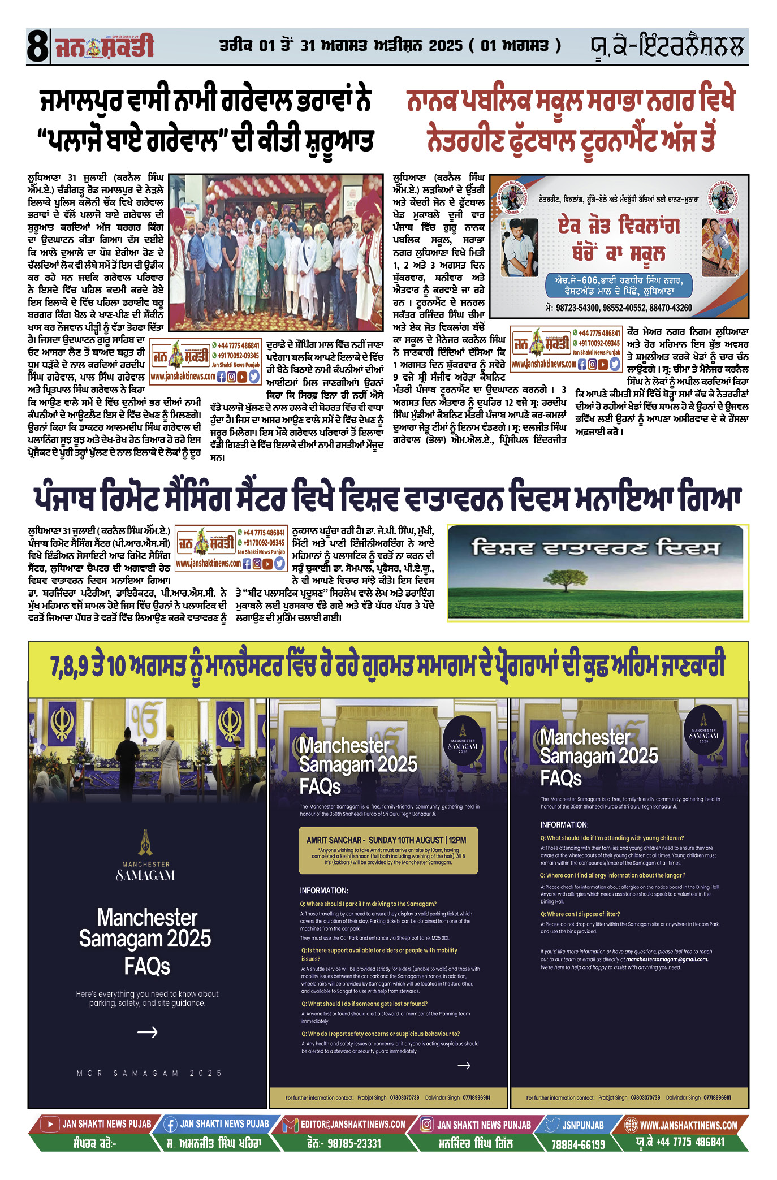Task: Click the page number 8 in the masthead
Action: coord(37,47)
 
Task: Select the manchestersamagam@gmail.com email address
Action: coord(667,959)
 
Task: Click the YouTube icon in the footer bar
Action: coord(50,1124)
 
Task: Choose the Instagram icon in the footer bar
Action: coord(427,1125)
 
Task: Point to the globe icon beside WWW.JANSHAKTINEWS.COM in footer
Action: coord(631,1125)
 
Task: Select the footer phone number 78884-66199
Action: coord(578,1144)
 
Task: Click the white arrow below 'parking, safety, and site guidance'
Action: coord(147,1032)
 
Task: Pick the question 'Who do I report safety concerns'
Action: coord(380,1034)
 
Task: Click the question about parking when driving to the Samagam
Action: coord(368,904)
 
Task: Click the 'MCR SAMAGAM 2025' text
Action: coord(149,1073)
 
